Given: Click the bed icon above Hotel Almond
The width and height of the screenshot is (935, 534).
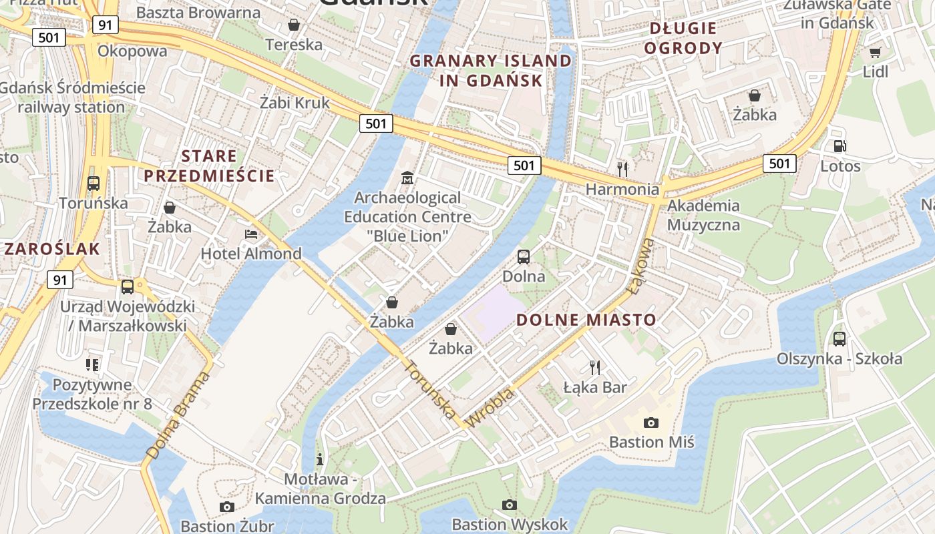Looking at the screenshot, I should coord(250,234).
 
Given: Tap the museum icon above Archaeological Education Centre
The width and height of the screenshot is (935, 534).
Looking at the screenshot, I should coord(407,178).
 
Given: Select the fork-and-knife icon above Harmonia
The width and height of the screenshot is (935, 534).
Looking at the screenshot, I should coord(622,169).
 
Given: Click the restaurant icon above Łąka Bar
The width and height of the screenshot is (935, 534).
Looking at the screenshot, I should coord(594,367).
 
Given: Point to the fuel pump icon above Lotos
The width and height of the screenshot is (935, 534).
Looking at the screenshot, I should coord(839,146).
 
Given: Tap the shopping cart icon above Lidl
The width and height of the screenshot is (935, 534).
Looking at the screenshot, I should coord(875,52).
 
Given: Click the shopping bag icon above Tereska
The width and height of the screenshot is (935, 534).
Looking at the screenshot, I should coord(293,25).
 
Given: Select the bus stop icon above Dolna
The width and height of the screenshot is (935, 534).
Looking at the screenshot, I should coord(524,256).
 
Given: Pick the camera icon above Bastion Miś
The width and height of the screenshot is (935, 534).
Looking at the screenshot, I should coord(650,423).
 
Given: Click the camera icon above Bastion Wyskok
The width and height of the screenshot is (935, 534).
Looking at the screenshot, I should coord(510,505).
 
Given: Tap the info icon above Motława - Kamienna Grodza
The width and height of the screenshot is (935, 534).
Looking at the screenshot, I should coord(320,459).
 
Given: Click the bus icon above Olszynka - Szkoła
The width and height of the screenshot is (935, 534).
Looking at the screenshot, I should coord(839,338).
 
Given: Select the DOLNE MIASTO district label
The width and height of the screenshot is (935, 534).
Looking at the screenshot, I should coord(586,320).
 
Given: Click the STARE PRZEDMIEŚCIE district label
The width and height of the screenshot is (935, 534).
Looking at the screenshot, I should coord(209,166).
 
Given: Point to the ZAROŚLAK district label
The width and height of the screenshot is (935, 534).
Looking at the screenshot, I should coord(52,250).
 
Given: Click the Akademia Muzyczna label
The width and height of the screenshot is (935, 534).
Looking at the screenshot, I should coord(703,215).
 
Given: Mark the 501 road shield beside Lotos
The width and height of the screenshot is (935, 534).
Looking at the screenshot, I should coord(779,164).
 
